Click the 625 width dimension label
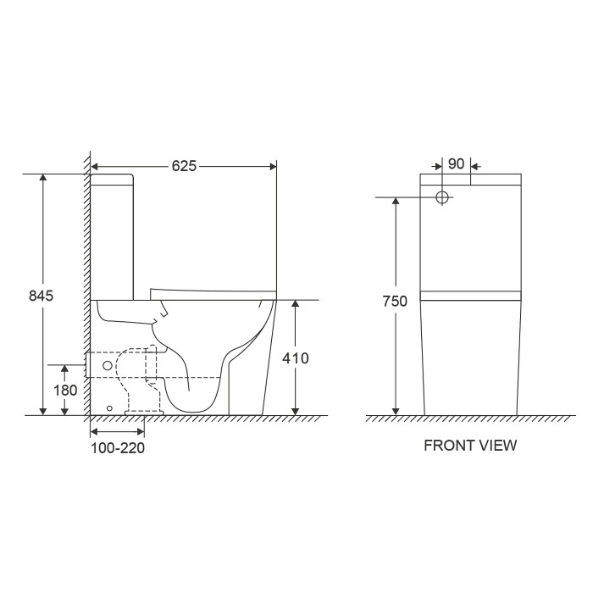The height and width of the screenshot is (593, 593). [x=184, y=166]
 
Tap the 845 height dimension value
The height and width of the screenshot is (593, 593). [x=42, y=296]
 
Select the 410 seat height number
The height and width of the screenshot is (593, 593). [x=296, y=357]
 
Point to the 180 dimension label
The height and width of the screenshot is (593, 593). [x=65, y=390]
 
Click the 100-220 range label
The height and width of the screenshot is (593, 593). [x=118, y=448]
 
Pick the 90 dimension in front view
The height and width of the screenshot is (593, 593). [x=456, y=163]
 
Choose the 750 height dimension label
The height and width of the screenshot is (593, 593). [x=395, y=301]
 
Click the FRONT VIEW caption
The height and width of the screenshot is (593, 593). [x=470, y=445]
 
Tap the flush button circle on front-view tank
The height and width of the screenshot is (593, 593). [x=442, y=197]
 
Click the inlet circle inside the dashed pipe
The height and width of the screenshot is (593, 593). [x=108, y=365]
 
